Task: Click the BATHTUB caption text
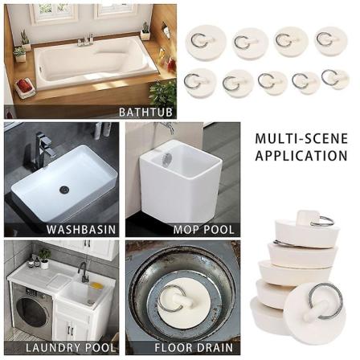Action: click(145, 112)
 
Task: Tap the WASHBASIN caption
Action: click(81, 230)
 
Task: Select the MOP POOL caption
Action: click(204, 230)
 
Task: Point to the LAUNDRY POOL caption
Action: click(71, 348)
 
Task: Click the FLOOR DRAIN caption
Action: click(194, 348)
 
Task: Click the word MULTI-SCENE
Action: click(301, 139)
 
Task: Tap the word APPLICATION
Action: click(301, 156)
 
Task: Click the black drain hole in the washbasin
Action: click(64, 189)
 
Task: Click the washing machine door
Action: click(31, 311)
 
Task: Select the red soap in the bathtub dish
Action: click(24, 85)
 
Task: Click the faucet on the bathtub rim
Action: click(86, 40)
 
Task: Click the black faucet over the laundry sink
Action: click(82, 272)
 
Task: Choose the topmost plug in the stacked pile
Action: click(307, 230)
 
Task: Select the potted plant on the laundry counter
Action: click(44, 258)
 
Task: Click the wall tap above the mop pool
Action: click(166, 126)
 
